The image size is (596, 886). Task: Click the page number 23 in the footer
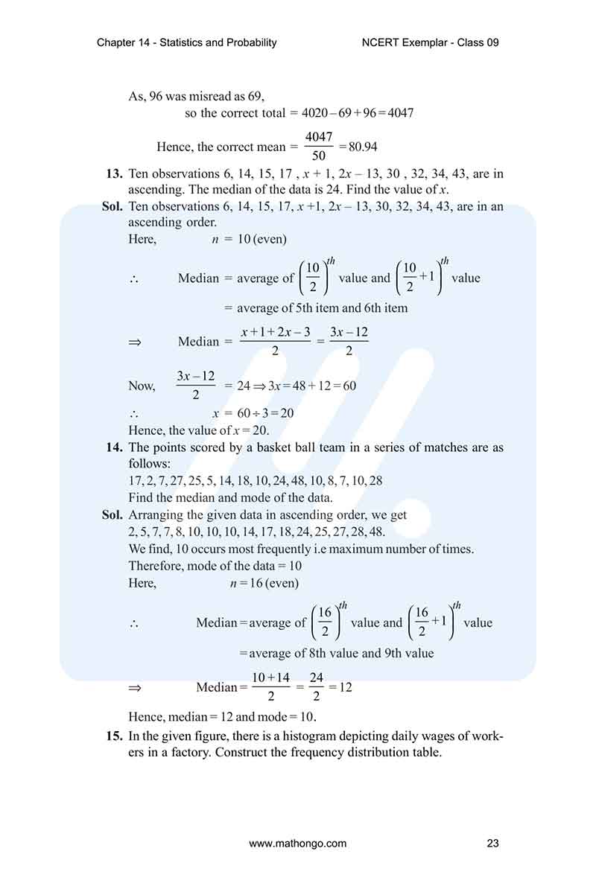click(492, 844)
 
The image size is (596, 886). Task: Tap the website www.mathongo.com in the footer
click(298, 844)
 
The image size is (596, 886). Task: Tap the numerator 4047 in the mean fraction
click(319, 138)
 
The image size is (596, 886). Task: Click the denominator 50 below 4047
click(319, 156)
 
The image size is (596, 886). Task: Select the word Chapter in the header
click(117, 42)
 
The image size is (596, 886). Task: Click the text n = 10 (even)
click(250, 240)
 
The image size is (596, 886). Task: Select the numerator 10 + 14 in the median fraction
click(270, 678)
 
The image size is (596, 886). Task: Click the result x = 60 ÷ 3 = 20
click(253, 413)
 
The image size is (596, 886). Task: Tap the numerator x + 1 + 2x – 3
click(276, 333)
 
